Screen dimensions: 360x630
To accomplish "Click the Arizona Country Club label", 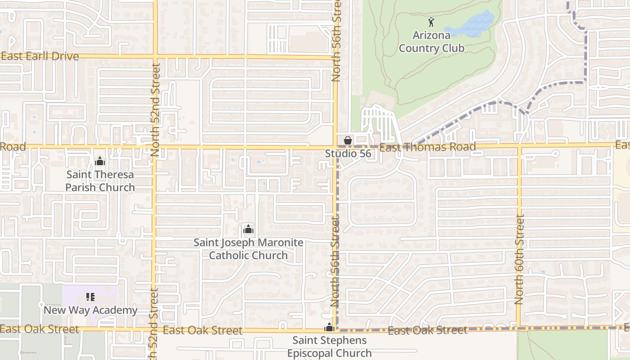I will point(432,41).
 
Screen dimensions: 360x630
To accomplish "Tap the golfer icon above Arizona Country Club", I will point(432,22).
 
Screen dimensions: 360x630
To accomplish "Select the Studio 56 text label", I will point(348,153).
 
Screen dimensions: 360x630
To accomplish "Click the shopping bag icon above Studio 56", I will point(347,140).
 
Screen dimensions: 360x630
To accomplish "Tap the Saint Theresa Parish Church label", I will point(100,181).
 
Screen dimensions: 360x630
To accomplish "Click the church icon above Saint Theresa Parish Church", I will point(100,161).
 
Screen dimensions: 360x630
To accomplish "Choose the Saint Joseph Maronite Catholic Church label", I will point(248,249).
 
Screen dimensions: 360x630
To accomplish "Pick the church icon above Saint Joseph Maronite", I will point(248,229).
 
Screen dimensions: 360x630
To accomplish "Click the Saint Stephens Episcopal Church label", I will point(330,346).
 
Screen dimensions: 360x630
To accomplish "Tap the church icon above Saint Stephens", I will point(329,327).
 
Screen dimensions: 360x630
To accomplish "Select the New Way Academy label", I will point(90,310).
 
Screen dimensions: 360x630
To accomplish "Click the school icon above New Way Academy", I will point(90,297).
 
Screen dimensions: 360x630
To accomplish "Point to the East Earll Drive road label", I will point(40,56).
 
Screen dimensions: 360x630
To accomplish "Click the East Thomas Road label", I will point(427,147).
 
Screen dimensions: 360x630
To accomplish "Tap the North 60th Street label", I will point(520,260).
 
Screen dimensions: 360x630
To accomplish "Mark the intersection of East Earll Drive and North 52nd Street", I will point(155,57).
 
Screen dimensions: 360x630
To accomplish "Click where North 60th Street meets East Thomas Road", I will point(519,146).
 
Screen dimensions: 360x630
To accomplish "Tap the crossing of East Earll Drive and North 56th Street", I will point(336,57).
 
